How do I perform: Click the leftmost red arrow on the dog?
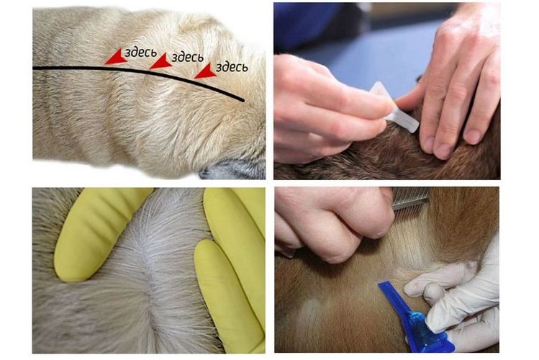click(115, 57)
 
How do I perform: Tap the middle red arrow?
click(161, 62)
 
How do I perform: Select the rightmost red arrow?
click(205, 70)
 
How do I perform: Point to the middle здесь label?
click(186, 58)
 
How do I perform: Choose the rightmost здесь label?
click(232, 67)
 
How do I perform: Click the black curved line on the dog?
click(86, 68)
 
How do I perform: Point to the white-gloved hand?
click(461, 288)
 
